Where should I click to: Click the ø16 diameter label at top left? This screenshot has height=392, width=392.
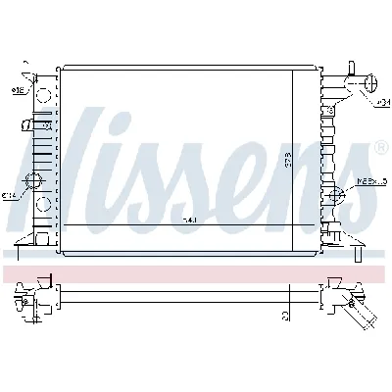point(19,91)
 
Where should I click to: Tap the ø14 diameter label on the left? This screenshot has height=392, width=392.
point(9,196)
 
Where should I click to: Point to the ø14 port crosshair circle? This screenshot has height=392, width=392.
point(35,182)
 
